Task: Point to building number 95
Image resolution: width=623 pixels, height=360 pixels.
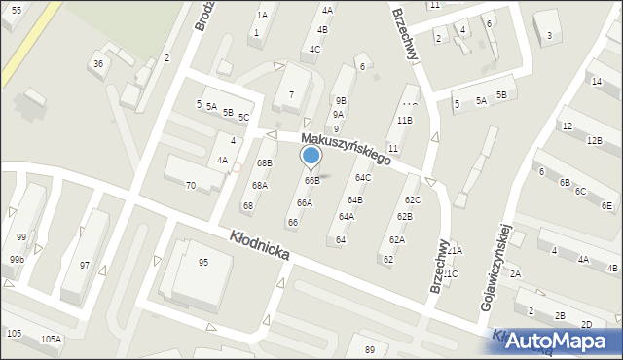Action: (x=202, y=262)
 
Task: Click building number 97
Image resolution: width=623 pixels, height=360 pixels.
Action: (x=85, y=266)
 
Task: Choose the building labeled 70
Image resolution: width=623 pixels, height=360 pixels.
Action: (x=191, y=185)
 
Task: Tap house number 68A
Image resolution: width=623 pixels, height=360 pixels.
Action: (x=260, y=185)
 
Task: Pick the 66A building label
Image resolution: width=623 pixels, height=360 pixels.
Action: (x=305, y=202)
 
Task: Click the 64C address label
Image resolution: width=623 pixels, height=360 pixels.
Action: (x=363, y=177)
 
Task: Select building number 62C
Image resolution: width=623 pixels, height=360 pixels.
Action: (x=413, y=199)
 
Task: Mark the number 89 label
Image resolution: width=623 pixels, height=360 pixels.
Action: (x=369, y=349)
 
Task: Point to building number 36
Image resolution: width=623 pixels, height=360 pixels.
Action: (x=97, y=63)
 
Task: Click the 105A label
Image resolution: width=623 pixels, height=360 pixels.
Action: (x=51, y=339)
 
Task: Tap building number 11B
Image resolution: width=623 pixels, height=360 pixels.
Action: (x=404, y=120)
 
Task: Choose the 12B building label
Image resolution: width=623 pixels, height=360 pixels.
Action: (x=594, y=140)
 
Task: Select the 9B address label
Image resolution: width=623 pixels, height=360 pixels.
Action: (x=340, y=100)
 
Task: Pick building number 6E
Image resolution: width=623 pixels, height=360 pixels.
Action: (x=606, y=205)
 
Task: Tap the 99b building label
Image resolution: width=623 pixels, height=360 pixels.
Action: (x=17, y=260)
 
